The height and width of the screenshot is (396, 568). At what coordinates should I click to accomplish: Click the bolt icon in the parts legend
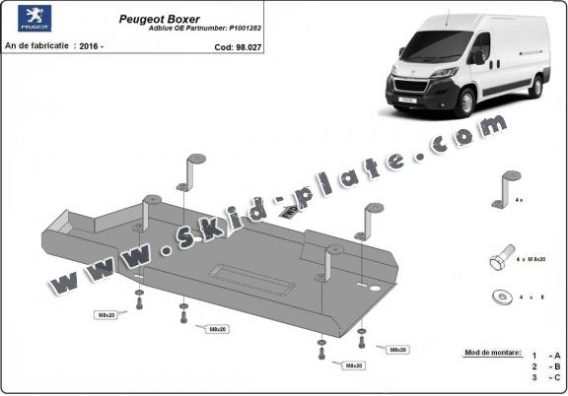(x=502, y=260)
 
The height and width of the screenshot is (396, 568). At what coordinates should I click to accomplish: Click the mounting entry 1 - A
(x=544, y=355)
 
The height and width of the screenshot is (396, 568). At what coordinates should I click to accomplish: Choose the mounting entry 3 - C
(x=544, y=377)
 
